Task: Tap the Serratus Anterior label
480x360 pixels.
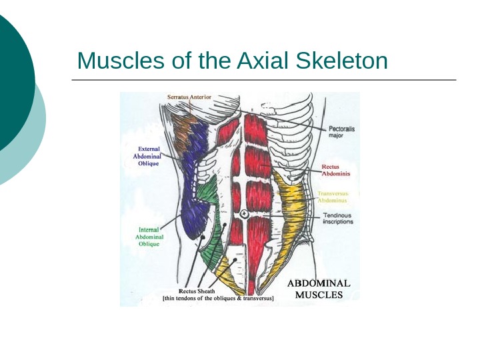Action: click(x=189, y=97)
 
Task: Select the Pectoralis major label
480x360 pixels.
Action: click(x=341, y=131)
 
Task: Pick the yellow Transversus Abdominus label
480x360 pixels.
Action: click(x=332, y=197)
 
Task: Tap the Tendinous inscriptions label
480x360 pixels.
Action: click(x=338, y=219)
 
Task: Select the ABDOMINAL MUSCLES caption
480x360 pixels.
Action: click(x=319, y=289)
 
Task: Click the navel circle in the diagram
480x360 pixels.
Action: click(x=245, y=213)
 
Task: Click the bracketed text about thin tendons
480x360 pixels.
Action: click(x=219, y=299)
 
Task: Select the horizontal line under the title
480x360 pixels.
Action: click(x=264, y=80)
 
